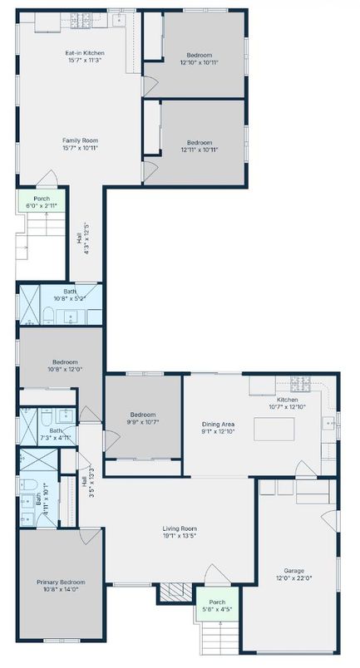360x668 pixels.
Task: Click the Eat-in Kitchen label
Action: pos(85,53)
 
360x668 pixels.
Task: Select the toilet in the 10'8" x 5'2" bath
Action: pos(48,315)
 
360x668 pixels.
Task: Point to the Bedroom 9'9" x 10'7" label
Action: pos(142,419)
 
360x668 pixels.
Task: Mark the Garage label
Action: pos(293,572)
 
